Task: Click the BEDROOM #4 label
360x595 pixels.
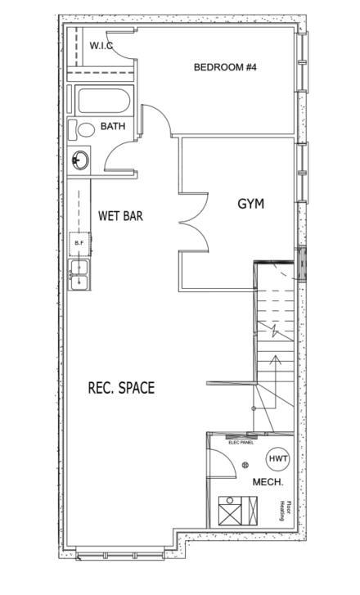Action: (225, 67)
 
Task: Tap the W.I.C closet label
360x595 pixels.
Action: (101, 46)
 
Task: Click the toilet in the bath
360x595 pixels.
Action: (82, 129)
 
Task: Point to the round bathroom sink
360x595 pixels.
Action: (80, 160)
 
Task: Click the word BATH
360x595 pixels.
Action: (113, 127)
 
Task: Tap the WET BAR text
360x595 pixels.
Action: (120, 216)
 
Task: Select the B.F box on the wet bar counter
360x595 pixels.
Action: (79, 243)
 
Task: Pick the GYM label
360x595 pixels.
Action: (251, 204)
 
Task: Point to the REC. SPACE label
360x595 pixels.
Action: (121, 388)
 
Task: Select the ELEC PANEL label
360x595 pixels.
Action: (241, 443)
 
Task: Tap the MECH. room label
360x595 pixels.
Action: (268, 482)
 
